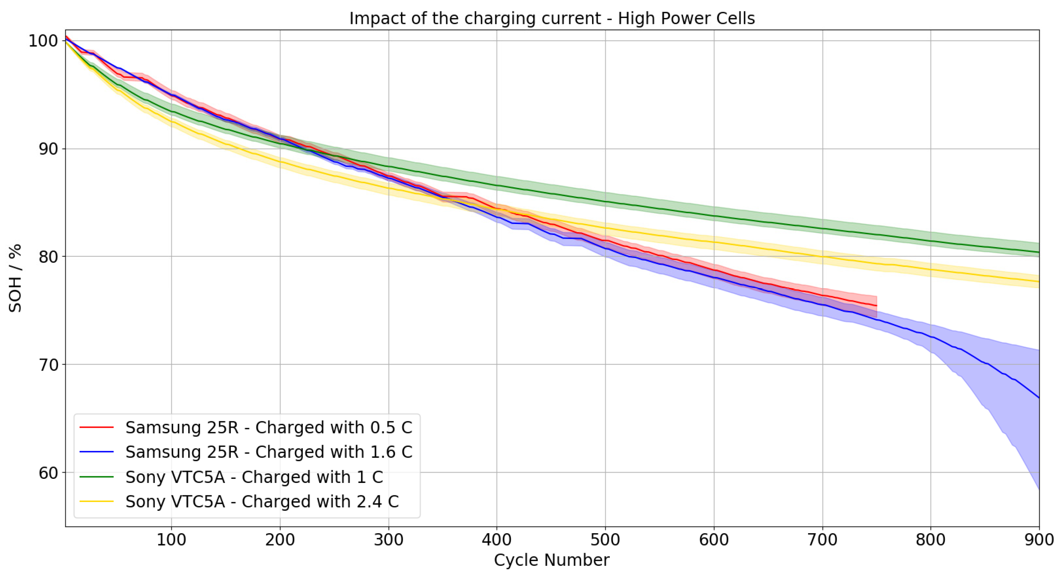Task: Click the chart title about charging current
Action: tap(552, 19)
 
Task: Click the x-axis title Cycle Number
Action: tap(552, 560)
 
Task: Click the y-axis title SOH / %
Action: tap(15, 278)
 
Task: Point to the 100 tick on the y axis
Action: tap(43, 41)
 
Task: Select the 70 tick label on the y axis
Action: tap(48, 365)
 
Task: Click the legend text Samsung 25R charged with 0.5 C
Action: tap(269, 427)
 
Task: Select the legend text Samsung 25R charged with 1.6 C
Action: tap(269, 452)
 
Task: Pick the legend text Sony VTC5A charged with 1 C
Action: tap(254, 477)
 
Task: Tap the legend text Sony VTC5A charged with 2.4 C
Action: tap(262, 502)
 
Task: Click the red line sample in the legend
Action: tap(96, 427)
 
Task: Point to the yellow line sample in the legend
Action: tap(96, 502)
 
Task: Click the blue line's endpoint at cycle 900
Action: tap(1039, 398)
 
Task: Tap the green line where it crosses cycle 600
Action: tap(714, 216)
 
